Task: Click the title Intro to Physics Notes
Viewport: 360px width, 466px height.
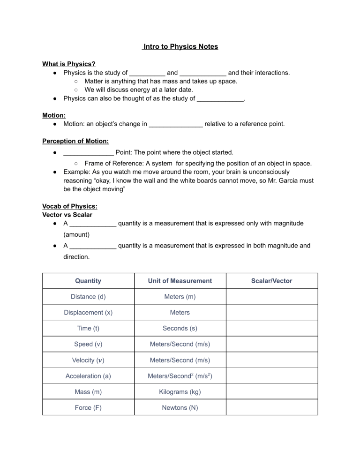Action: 180,47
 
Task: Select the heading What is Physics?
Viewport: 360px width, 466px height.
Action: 69,64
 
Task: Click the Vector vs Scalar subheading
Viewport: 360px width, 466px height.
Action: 67,214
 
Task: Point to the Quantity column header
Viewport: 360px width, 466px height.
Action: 88,281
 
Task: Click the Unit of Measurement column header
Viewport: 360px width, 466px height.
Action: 180,281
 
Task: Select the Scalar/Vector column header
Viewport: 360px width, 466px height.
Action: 272,281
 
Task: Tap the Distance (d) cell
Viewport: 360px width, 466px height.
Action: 88,296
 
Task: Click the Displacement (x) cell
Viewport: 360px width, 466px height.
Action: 88,312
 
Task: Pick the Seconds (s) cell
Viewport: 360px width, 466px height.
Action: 180,328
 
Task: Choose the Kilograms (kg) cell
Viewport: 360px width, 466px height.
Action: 180,391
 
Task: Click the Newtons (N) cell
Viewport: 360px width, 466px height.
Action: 180,407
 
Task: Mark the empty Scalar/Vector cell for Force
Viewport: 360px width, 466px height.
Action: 272,407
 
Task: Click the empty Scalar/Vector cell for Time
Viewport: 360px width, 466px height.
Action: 272,328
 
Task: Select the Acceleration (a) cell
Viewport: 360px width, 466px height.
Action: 88,376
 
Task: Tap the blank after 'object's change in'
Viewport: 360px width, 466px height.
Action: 175,125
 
